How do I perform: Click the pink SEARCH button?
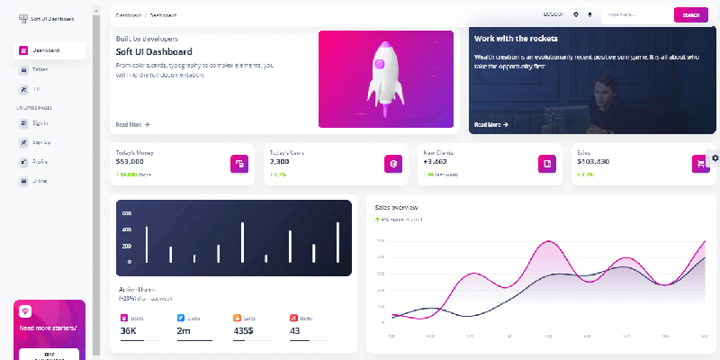coord(690,14)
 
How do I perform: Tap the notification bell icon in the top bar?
coord(590,14)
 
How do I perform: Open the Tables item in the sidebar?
coord(40,69)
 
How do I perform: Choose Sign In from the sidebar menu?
coord(40,122)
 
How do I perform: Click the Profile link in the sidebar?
coord(40,162)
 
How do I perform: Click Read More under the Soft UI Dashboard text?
coord(132,124)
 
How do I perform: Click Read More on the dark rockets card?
coord(491,124)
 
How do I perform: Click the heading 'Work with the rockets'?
coord(516,39)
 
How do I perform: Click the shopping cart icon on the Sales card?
coord(699,163)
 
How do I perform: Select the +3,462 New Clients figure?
coord(436,162)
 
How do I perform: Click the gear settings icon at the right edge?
coord(715,157)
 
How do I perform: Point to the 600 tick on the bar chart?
coord(127,213)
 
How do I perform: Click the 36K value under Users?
coord(128,331)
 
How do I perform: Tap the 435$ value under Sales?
coord(243,331)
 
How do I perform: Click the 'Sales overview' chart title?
coord(397,207)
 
